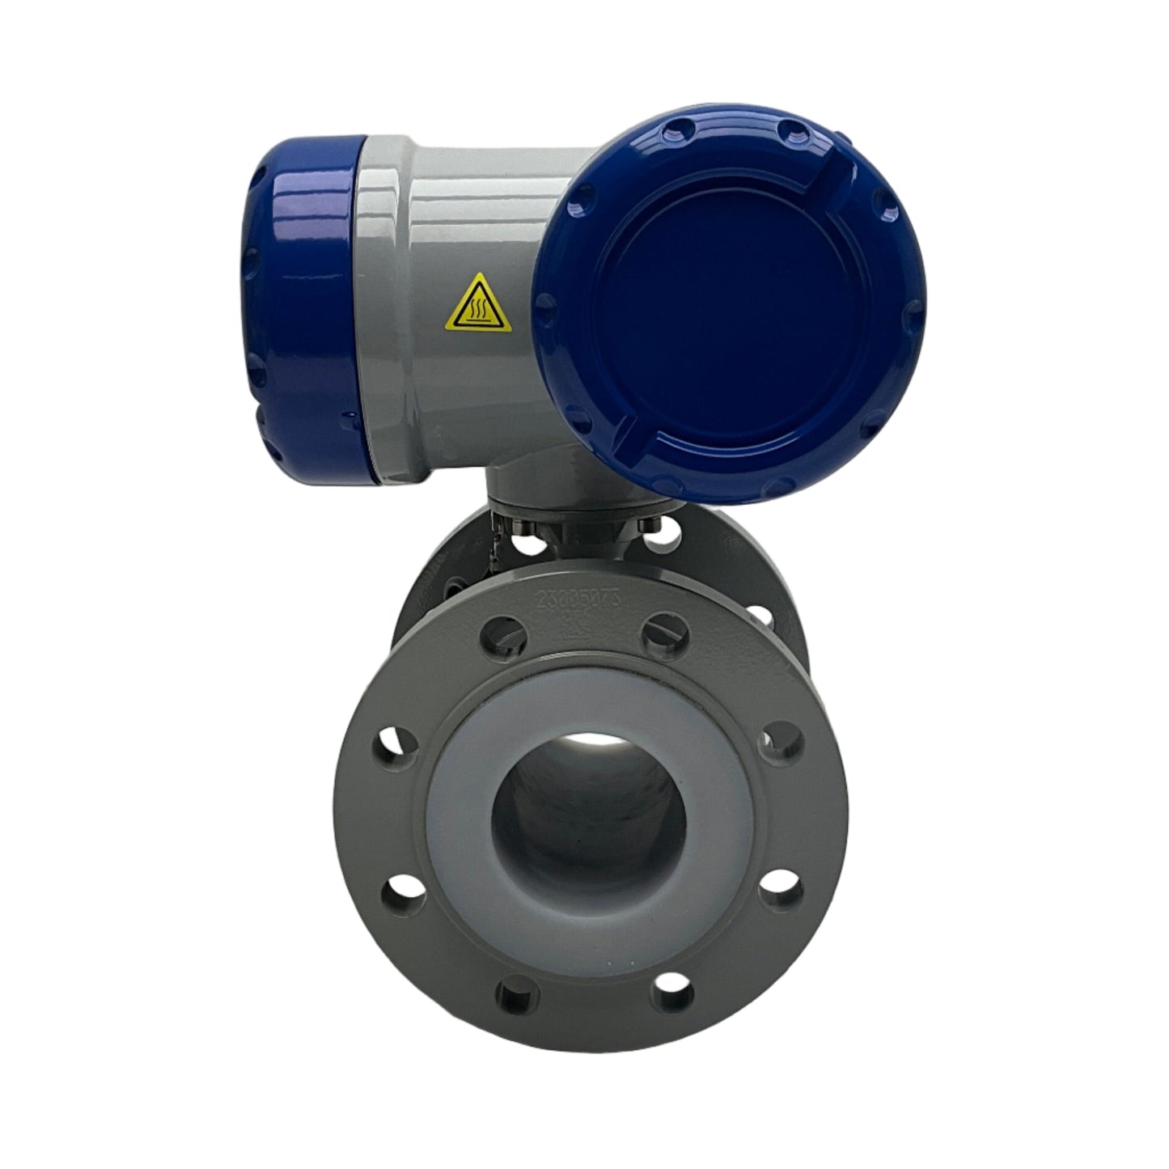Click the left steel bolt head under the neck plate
tap(544, 530)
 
